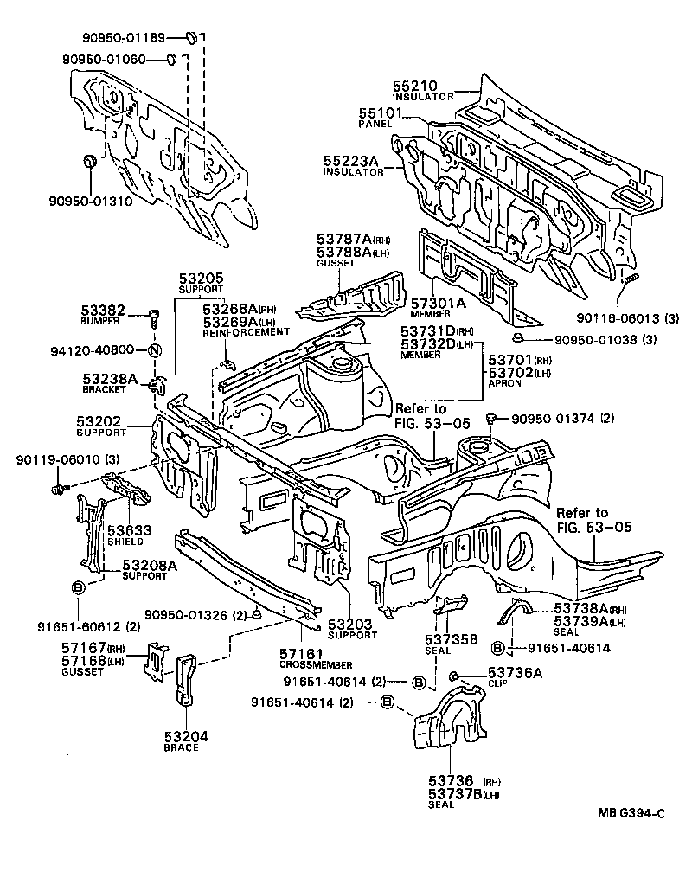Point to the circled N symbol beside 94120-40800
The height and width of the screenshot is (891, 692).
coord(154,350)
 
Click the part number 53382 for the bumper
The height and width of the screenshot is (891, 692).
coord(104,310)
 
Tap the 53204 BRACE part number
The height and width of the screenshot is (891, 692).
coord(186,736)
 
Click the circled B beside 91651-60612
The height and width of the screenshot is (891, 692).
coord(77,587)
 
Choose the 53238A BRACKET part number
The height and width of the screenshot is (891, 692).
coord(110,378)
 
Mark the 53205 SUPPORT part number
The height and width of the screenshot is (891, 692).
coord(202,278)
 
